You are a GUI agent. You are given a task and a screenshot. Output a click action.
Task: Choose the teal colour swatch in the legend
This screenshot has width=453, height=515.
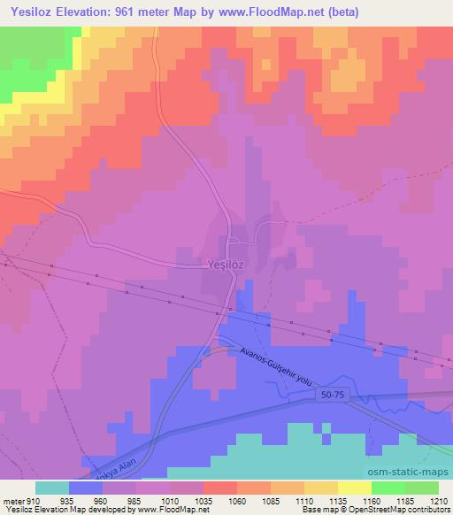click(x=52, y=487)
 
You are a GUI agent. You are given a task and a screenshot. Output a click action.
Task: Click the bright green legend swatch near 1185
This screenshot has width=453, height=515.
click(x=388, y=487)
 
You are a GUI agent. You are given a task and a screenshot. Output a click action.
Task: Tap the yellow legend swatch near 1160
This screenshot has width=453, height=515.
click(x=355, y=487)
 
